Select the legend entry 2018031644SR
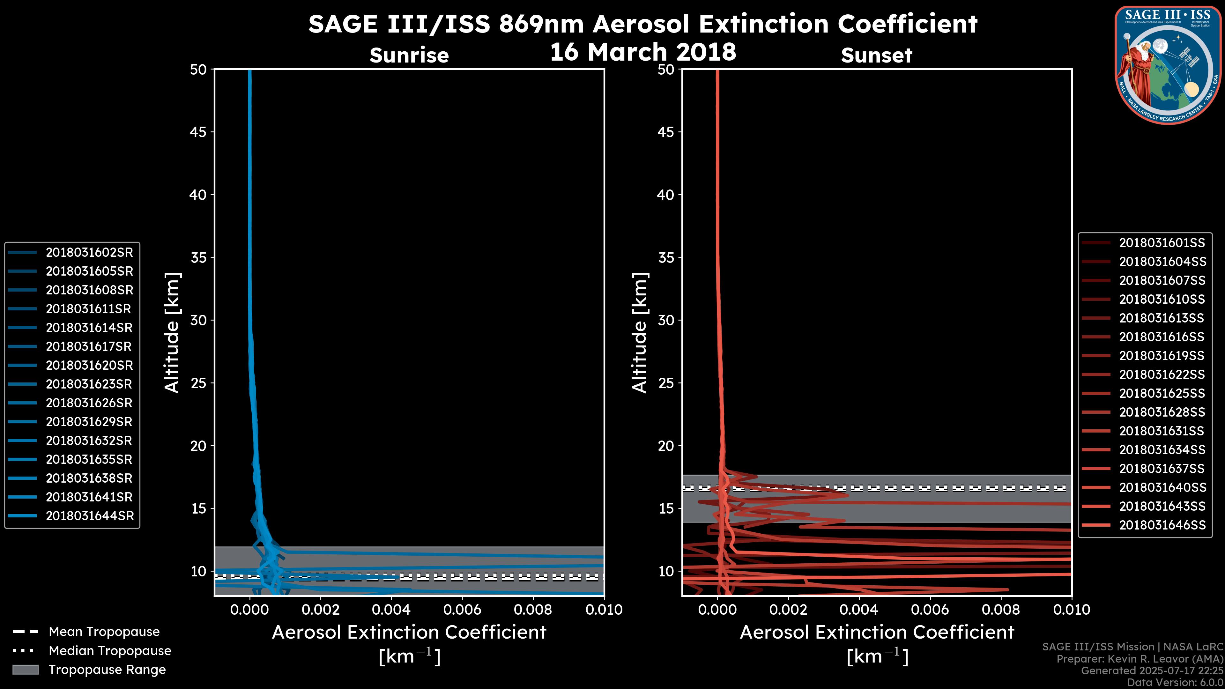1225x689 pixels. pyautogui.click(x=89, y=516)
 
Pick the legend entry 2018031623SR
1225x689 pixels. pyautogui.click(x=89, y=384)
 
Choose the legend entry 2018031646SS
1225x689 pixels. pyautogui.click(x=1162, y=525)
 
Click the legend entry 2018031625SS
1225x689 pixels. pyautogui.click(x=1162, y=393)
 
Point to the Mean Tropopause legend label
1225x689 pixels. pyautogui.click(x=104, y=632)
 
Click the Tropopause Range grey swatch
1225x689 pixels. pyautogui.click(x=25, y=670)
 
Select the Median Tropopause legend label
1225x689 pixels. pyautogui.click(x=110, y=650)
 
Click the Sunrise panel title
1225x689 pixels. pyautogui.click(x=409, y=55)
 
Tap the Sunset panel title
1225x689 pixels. pyautogui.click(x=876, y=55)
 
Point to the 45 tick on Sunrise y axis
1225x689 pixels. pyautogui.click(x=198, y=132)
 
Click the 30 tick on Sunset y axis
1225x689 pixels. pyautogui.click(x=666, y=320)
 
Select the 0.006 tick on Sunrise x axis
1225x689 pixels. pyautogui.click(x=462, y=610)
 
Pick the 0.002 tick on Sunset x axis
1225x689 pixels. pyautogui.click(x=789, y=610)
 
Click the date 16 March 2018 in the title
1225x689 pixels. pyautogui.click(x=643, y=51)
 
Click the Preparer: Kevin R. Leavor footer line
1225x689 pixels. pyautogui.click(x=1140, y=659)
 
